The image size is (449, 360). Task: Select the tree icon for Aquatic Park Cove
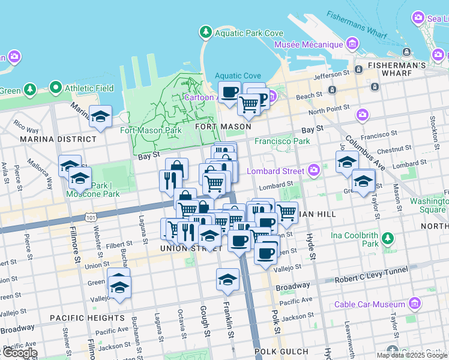coord(206,32)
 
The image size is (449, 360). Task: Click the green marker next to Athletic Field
coord(56,88)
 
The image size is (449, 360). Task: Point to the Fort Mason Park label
coord(151,130)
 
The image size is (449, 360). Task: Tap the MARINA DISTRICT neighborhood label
coord(58,139)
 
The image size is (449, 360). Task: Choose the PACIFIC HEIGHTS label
coord(87,318)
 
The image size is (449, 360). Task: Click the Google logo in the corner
coord(19,353)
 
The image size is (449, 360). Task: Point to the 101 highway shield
coord(89,214)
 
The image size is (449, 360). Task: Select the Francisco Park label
coord(282,142)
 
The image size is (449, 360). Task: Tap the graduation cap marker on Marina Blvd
coord(100,116)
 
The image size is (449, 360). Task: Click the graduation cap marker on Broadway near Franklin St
coord(228,278)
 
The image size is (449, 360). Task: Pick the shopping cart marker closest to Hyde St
coord(287,212)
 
